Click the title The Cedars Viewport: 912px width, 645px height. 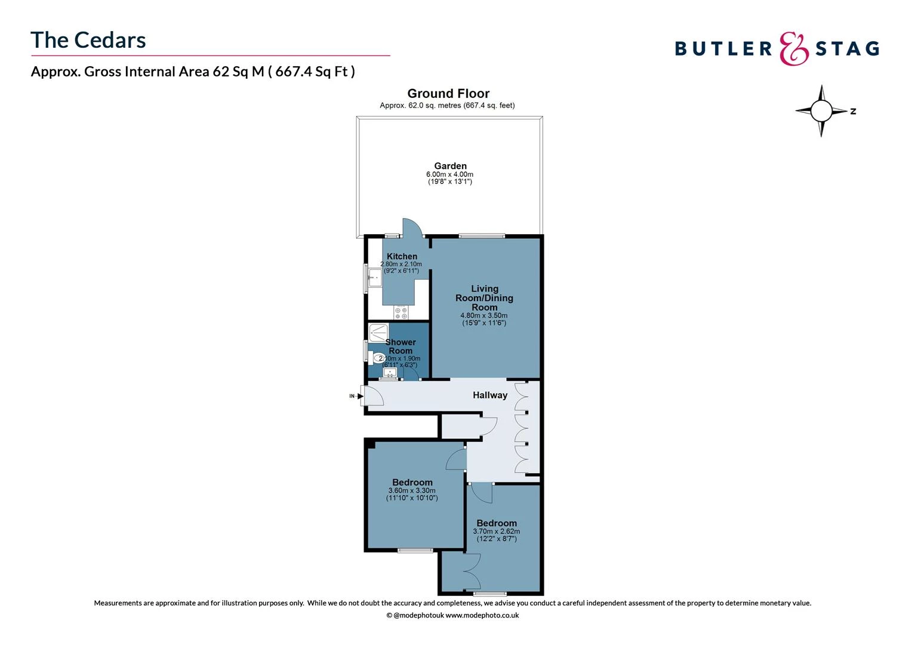click(88, 40)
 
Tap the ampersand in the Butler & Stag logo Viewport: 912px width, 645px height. click(794, 48)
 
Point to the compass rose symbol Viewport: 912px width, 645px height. click(821, 110)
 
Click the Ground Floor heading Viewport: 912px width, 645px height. click(448, 93)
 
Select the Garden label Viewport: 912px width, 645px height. click(450, 166)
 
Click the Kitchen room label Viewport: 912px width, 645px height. click(402, 256)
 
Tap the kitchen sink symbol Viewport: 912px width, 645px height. click(374, 278)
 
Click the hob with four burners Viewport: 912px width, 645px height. click(400, 312)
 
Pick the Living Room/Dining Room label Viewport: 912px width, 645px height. click(484, 297)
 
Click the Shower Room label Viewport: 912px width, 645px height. click(400, 346)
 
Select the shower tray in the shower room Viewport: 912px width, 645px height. click(378, 331)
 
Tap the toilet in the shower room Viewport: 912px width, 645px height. click(378, 358)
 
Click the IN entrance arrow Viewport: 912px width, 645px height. click(360, 395)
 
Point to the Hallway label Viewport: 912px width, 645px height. click(490, 395)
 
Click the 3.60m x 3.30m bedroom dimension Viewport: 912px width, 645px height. click(412, 491)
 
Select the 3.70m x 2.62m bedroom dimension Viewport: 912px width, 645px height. click(496, 532)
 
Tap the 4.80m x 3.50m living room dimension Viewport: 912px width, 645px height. click(483, 316)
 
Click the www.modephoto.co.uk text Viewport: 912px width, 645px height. click(482, 615)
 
